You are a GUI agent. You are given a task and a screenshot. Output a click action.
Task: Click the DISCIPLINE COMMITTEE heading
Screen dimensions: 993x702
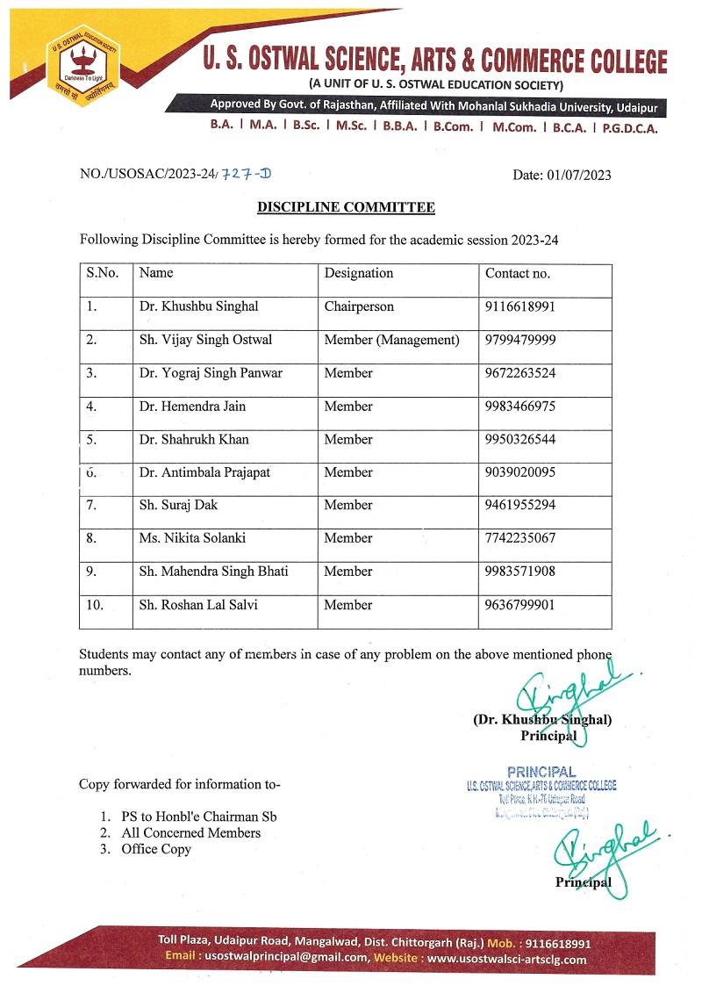click(x=346, y=207)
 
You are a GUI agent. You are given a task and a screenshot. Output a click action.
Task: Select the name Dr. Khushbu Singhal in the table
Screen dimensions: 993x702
click(x=198, y=307)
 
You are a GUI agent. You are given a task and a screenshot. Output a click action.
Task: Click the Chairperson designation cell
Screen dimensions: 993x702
click(x=359, y=307)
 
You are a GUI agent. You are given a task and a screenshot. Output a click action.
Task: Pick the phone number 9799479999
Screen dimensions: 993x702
click(x=520, y=340)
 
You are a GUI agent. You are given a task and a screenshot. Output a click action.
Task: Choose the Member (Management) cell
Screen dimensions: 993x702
click(x=391, y=340)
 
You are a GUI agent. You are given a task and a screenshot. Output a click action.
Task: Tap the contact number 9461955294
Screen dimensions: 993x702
click(x=520, y=505)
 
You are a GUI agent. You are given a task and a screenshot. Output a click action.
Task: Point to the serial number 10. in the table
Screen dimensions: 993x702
click(x=97, y=605)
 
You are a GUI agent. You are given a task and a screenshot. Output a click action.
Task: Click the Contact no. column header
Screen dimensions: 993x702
click(x=518, y=273)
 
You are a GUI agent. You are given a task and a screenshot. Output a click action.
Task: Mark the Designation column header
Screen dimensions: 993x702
click(x=359, y=273)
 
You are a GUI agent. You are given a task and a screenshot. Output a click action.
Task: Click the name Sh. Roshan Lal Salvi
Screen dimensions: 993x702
click(x=198, y=605)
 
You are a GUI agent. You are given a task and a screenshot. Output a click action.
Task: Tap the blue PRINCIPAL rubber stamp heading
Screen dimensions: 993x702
click(x=541, y=773)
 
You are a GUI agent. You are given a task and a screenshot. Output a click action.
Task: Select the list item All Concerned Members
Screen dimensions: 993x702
click(x=190, y=832)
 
